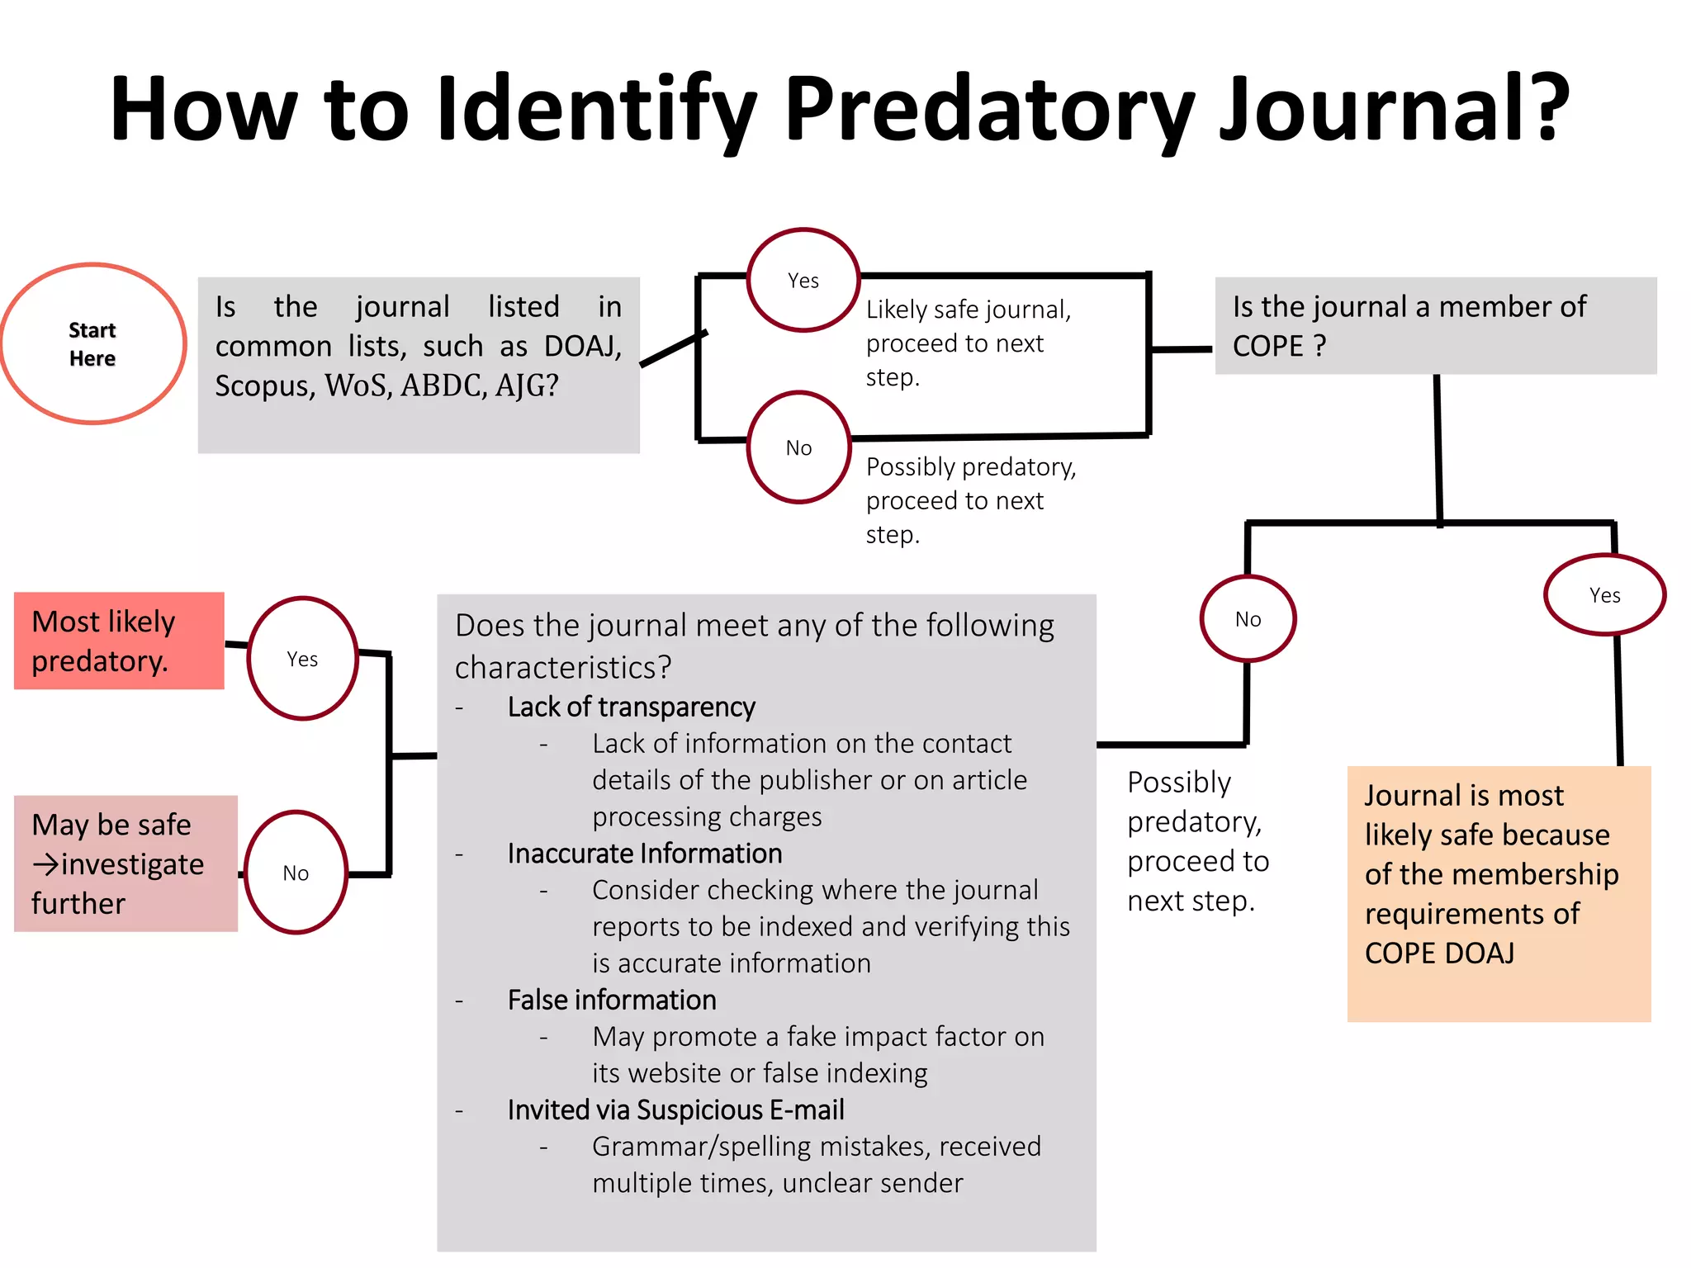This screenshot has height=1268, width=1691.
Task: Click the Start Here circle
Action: pyautogui.click(x=93, y=343)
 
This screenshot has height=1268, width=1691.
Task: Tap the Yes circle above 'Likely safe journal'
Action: pyautogui.click(x=803, y=281)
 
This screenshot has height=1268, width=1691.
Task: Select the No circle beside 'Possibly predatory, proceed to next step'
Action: pyautogui.click(x=798, y=447)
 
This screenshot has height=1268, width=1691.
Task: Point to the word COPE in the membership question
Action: pyautogui.click(x=1267, y=346)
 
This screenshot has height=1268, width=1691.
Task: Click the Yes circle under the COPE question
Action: pyautogui.click(x=1604, y=595)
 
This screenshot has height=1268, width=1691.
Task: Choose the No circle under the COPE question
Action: pyautogui.click(x=1248, y=619)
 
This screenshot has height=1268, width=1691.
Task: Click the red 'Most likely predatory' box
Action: pyautogui.click(x=119, y=641)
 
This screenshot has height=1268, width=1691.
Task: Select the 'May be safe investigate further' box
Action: pyautogui.click(x=126, y=863)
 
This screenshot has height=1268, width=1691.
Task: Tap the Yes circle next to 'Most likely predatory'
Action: pyautogui.click(x=302, y=659)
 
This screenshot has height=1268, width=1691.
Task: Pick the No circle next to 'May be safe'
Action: pyautogui.click(x=296, y=873)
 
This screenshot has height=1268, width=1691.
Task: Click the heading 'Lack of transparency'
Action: pyautogui.click(x=631, y=707)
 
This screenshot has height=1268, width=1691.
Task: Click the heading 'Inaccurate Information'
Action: pyautogui.click(x=644, y=854)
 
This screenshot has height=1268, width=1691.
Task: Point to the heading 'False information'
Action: pyautogui.click(x=611, y=1001)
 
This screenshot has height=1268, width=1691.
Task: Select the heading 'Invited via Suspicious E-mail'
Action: pyautogui.click(x=675, y=1110)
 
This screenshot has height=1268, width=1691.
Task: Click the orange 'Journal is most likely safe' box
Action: pyautogui.click(x=1499, y=893)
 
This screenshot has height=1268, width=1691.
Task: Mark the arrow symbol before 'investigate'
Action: pyautogui.click(x=46, y=864)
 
